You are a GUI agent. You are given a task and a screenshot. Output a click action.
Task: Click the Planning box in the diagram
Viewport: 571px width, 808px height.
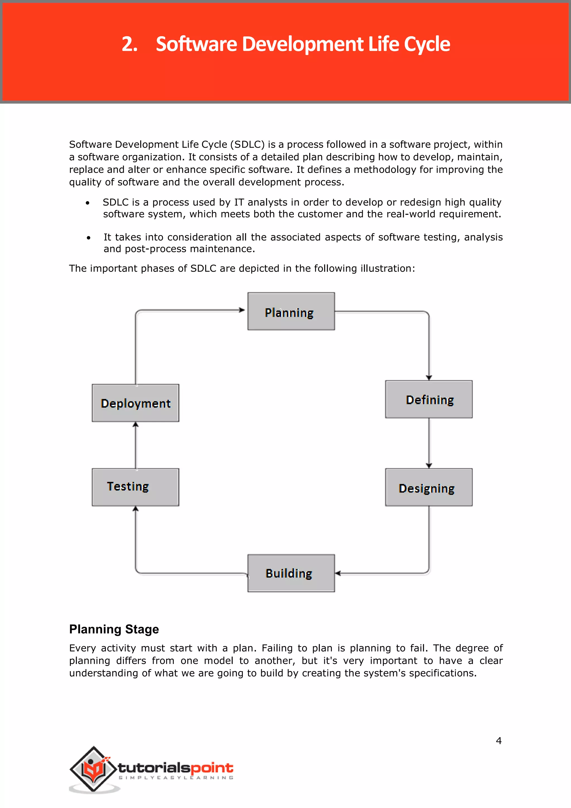[x=291, y=311]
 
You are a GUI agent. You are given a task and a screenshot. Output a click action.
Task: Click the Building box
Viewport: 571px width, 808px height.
[x=291, y=573]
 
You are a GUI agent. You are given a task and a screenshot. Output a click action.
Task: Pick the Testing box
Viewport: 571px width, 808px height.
[x=136, y=487]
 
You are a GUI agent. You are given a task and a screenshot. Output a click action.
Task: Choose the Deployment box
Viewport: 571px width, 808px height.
[x=136, y=403]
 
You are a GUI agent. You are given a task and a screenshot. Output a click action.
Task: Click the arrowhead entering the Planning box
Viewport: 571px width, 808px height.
[x=242, y=310]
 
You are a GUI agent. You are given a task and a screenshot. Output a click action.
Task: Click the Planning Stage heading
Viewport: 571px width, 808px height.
[x=114, y=629]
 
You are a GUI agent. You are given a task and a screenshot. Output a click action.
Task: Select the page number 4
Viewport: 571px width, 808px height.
[x=498, y=741]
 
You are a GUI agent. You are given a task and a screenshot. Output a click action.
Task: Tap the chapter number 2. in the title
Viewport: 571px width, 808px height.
[x=129, y=44]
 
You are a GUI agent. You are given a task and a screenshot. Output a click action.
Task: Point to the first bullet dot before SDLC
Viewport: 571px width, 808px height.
[x=88, y=203]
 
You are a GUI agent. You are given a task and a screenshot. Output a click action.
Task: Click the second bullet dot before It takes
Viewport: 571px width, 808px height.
[x=88, y=238]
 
